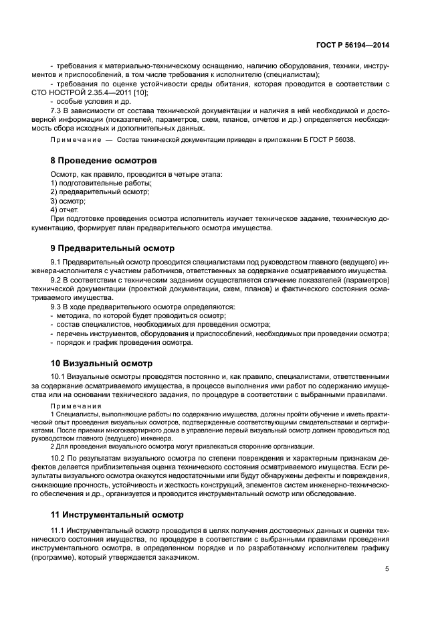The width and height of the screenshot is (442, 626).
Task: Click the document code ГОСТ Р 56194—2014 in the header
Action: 352,46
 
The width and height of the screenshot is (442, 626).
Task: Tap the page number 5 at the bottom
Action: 387,570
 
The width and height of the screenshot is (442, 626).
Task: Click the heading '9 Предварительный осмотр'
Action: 112,248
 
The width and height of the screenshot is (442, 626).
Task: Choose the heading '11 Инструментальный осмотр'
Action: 116,515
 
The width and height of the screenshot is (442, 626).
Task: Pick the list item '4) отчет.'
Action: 65,210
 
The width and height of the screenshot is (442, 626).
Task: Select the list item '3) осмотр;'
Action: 68,201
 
